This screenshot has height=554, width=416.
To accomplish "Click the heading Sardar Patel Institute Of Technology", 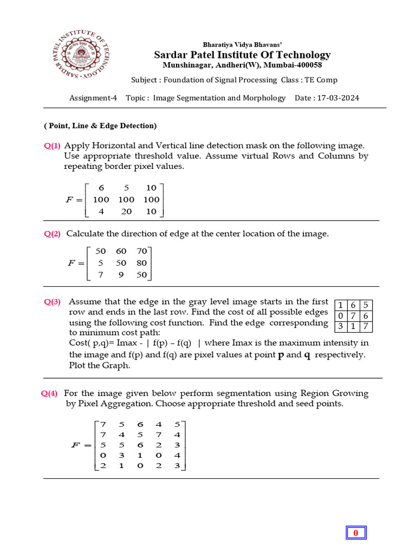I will point(242,55).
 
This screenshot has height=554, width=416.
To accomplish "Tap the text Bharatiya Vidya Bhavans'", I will point(242,44).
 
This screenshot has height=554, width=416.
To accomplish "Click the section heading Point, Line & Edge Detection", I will point(100,126).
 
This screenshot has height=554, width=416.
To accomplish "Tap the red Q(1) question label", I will point(53,146).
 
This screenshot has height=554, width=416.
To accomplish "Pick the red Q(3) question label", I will point(53,302).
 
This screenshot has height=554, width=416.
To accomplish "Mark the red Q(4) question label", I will point(50,394).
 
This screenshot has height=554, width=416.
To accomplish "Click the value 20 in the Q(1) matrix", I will point(127,212).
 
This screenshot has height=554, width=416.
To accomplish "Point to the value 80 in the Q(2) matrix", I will point(142,263).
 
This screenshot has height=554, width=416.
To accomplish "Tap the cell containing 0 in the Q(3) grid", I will point(340,315).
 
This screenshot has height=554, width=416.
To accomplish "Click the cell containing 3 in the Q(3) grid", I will point(340,326).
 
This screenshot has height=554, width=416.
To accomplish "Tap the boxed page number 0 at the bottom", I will point(356,533).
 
